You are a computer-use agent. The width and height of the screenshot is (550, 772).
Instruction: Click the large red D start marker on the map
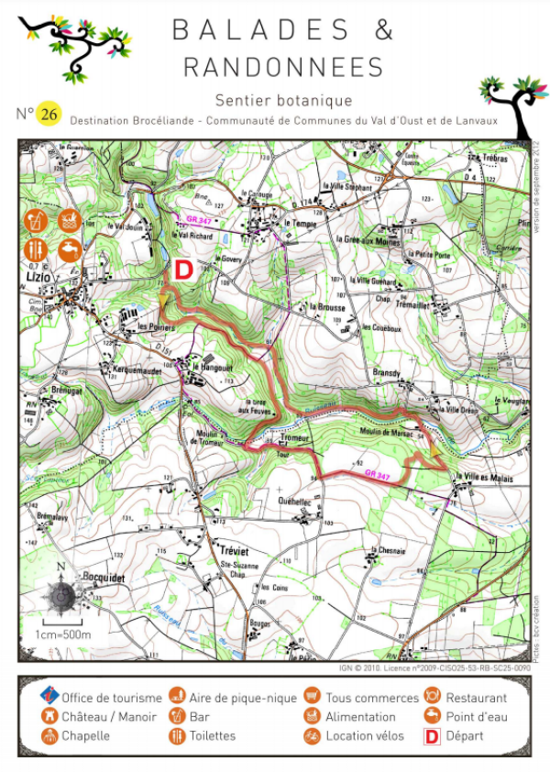click(x=183, y=270)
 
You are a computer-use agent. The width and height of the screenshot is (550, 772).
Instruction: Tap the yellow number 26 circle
click(x=49, y=115)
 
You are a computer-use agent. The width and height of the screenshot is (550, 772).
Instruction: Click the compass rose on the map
click(x=61, y=597)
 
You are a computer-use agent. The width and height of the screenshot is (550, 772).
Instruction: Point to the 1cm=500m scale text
click(x=65, y=634)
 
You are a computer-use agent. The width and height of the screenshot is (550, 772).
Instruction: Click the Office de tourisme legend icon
click(x=49, y=699)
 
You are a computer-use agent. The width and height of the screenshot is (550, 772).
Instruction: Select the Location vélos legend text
click(x=364, y=735)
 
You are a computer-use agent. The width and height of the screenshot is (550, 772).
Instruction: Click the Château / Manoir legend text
click(x=109, y=717)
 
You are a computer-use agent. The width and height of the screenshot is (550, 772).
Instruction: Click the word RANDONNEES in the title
click(x=283, y=67)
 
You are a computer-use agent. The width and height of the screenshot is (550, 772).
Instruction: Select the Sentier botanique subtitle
click(x=283, y=100)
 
